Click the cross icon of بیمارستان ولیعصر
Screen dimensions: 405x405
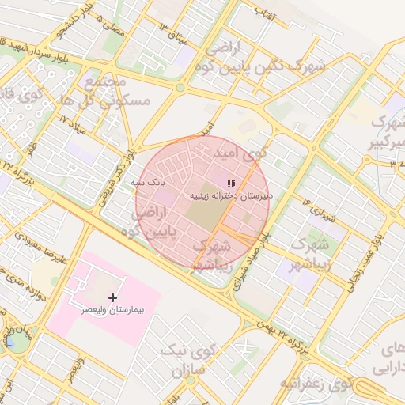click(114, 297)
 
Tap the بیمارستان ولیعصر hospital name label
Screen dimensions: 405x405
click(113, 312)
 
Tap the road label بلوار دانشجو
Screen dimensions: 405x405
click(62, 21)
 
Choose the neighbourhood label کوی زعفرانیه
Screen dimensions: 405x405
click(316, 383)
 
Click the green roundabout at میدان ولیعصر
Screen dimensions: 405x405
click(16, 341)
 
